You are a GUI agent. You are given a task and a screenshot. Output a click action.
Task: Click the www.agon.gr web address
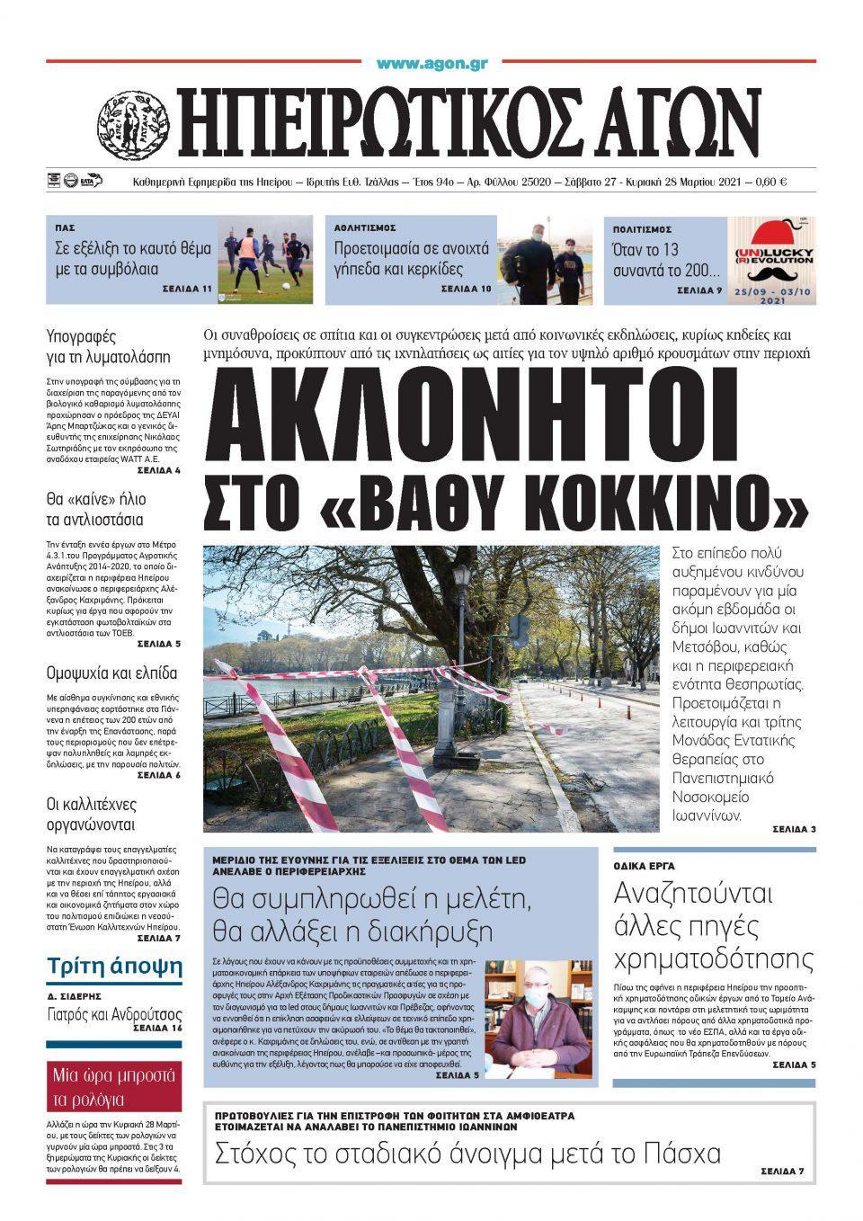pyautogui.click(x=431, y=64)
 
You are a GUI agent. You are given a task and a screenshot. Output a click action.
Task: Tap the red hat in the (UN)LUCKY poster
pyautogui.click(x=770, y=236)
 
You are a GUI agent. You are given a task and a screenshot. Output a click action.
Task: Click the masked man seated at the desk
pyautogui.click(x=537, y=1016)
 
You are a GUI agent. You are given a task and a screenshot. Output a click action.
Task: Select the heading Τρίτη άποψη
pyautogui.click(x=114, y=967)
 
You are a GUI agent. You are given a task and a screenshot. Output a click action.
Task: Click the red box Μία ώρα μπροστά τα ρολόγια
pyautogui.click(x=114, y=1087)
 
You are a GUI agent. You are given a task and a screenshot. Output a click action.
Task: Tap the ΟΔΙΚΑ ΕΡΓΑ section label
pyautogui.click(x=644, y=866)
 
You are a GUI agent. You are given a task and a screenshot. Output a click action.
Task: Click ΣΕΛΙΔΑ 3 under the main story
pyautogui.click(x=794, y=828)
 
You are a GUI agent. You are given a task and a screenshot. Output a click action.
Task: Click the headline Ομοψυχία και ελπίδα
pyautogui.click(x=111, y=673)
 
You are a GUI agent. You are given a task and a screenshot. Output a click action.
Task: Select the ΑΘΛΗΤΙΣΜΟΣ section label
pyautogui.click(x=365, y=228)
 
